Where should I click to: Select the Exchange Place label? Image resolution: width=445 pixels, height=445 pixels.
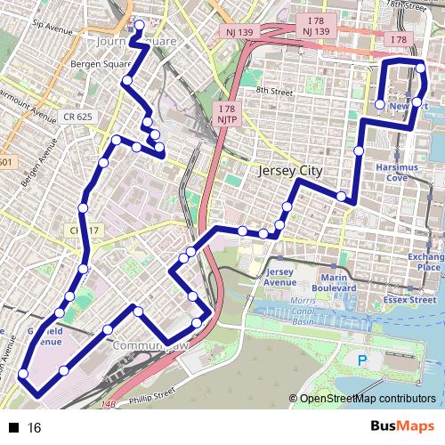[425, 262]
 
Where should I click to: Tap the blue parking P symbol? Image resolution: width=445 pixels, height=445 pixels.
[361, 360]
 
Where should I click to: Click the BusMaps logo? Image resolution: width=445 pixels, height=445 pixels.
[400, 427]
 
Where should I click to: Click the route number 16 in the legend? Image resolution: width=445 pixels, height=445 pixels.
[35, 428]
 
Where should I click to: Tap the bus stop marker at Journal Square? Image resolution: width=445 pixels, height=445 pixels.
[139, 24]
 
